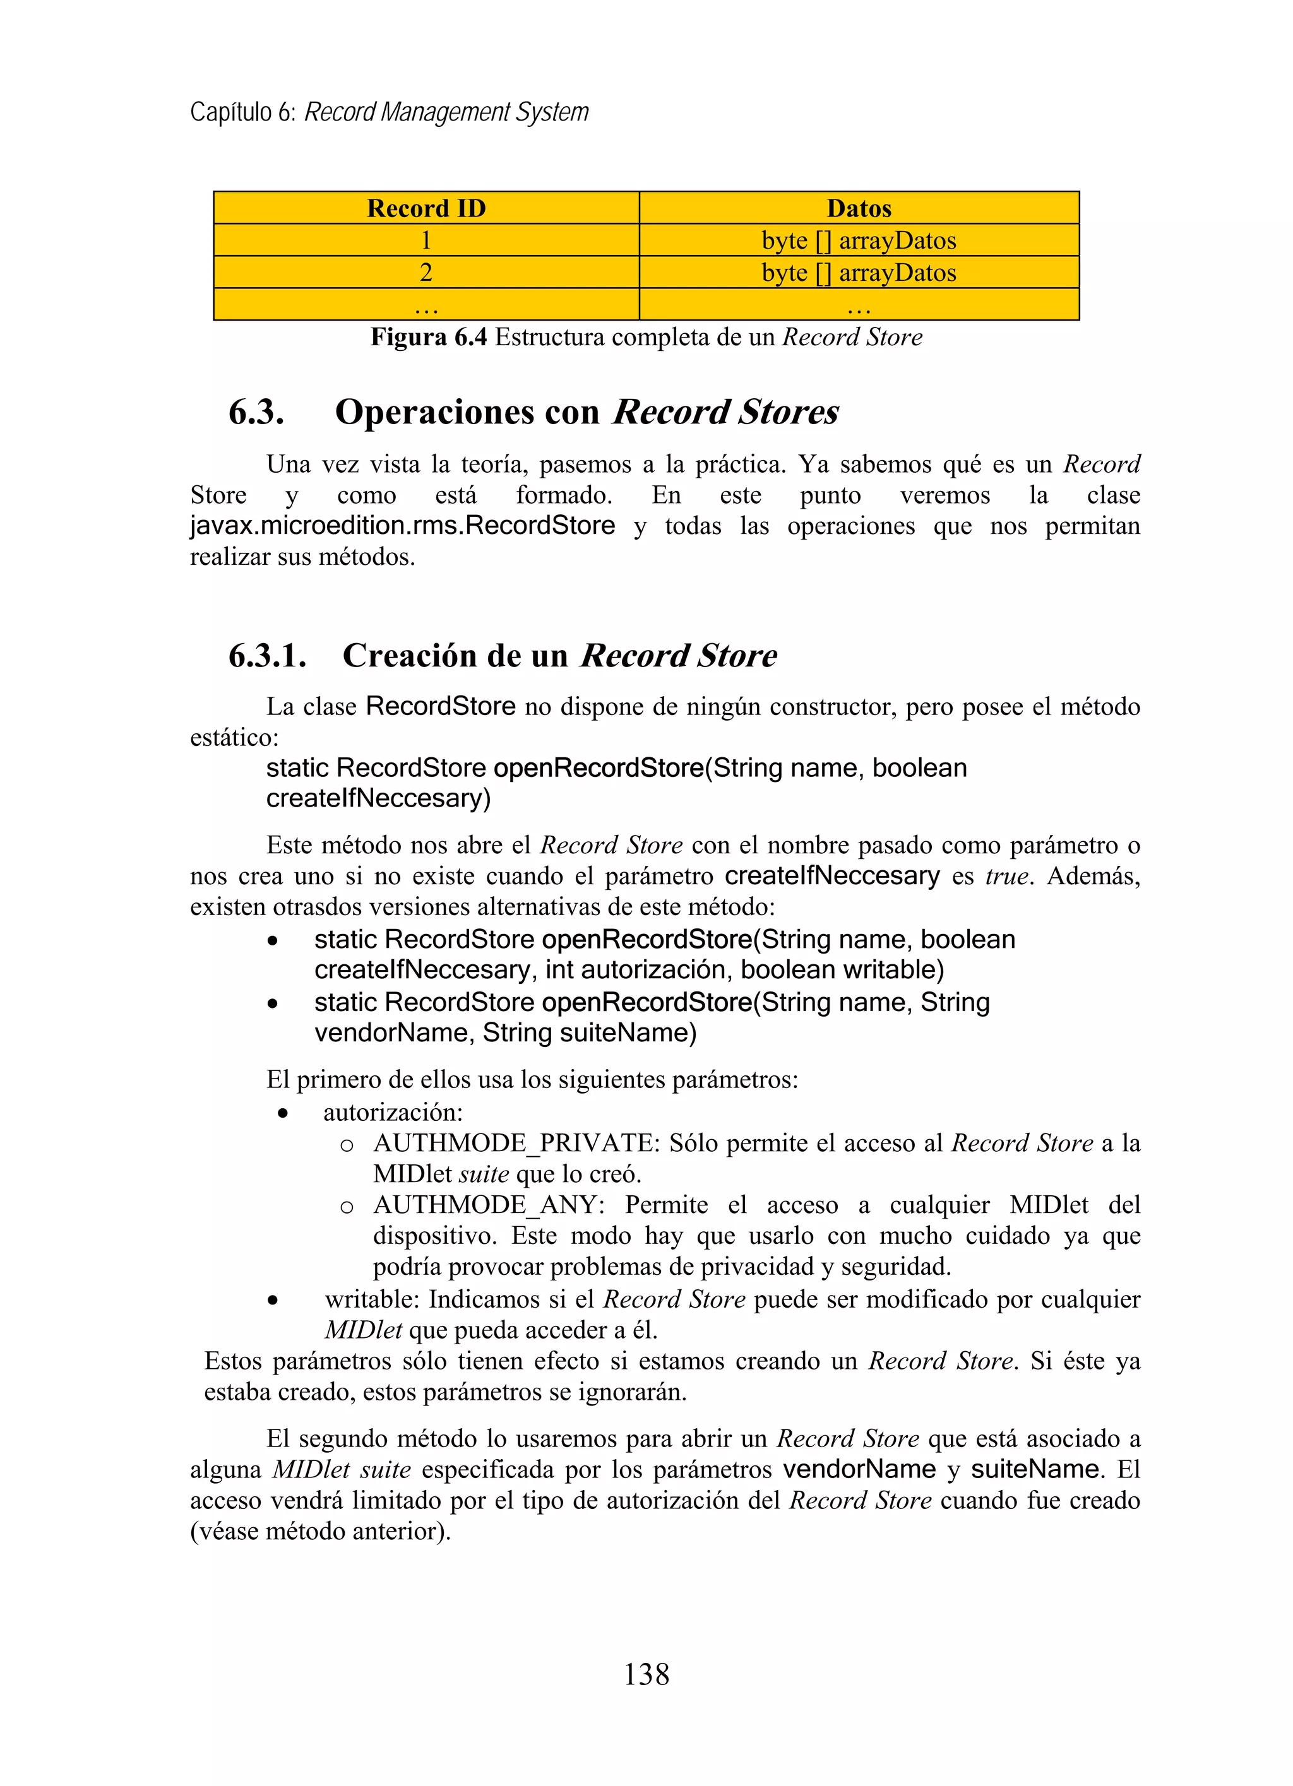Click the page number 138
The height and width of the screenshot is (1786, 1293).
click(646, 1674)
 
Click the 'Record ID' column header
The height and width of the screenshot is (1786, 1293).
click(426, 208)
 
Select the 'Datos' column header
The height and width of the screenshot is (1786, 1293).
click(859, 208)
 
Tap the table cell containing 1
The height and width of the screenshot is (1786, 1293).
click(426, 240)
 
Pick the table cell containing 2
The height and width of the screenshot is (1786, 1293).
click(426, 273)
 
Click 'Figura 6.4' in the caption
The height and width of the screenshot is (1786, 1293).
click(429, 337)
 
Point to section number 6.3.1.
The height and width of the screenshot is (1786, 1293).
click(267, 656)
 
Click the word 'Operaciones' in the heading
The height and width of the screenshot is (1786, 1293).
click(467, 413)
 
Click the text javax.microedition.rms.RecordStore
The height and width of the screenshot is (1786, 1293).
click(402, 525)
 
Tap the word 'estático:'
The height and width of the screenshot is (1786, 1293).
click(234, 738)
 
